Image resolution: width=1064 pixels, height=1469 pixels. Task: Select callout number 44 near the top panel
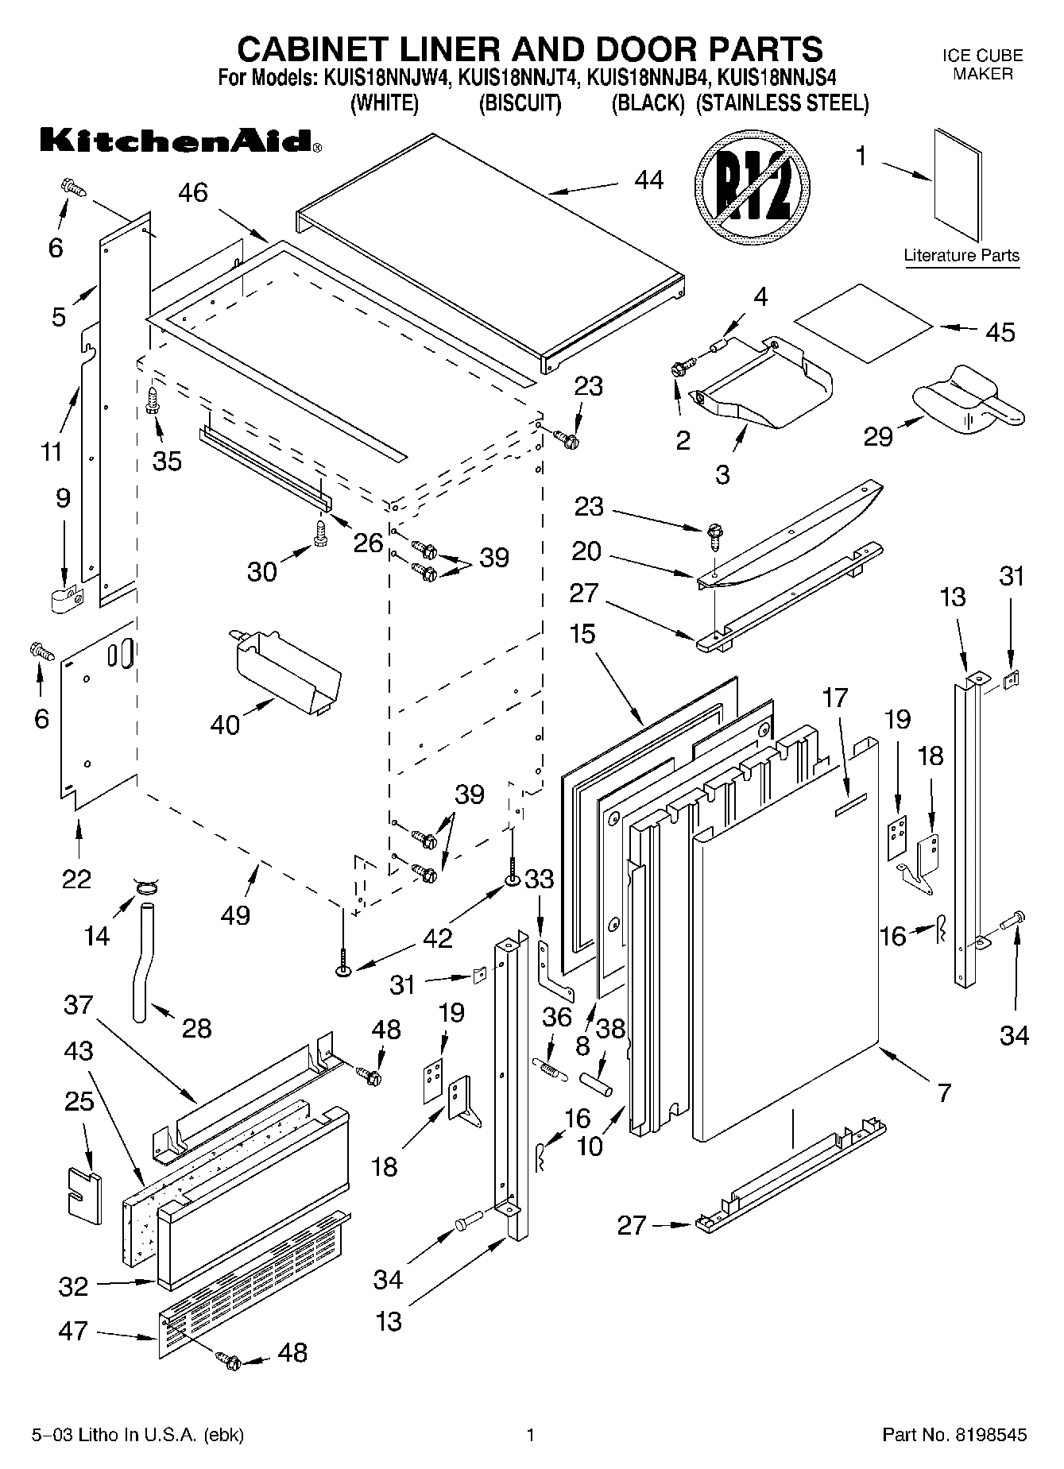pyautogui.click(x=648, y=181)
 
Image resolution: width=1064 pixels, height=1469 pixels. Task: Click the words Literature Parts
pyautogui.click(x=961, y=256)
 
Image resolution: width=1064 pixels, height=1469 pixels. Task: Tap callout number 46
pyautogui.click(x=193, y=193)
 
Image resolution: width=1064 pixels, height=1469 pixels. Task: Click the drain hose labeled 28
pyautogui.click(x=142, y=961)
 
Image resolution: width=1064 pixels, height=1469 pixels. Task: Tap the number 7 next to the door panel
pyautogui.click(x=943, y=1093)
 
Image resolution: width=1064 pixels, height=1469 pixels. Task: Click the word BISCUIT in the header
pyautogui.click(x=520, y=104)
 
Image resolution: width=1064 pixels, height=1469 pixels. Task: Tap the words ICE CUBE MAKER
pyautogui.click(x=982, y=65)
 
